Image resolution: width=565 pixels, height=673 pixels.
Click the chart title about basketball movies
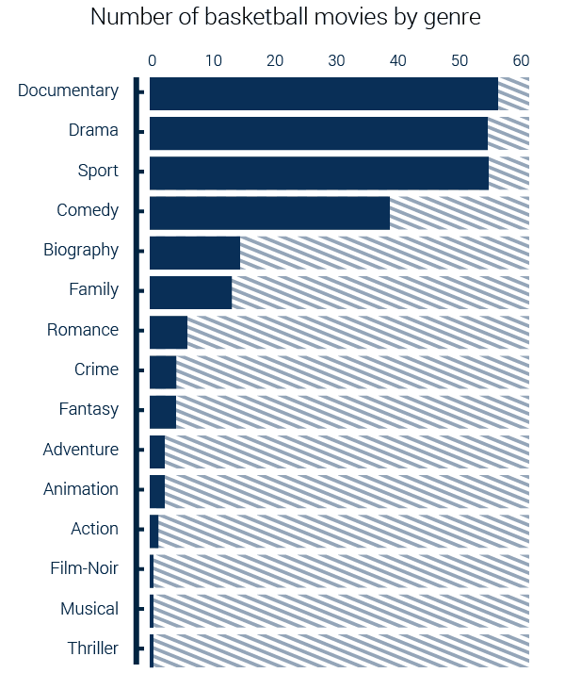(285, 17)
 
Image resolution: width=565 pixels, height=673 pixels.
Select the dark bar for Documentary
(323, 93)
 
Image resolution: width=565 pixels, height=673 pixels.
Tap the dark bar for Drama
(318, 133)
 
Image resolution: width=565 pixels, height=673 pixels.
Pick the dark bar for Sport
(318, 173)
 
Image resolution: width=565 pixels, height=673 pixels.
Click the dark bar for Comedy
(269, 213)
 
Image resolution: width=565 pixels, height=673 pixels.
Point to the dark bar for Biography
(195, 253)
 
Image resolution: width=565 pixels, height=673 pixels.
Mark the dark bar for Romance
(169, 333)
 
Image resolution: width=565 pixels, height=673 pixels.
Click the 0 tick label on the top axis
(152, 60)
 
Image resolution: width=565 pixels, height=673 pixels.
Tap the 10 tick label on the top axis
(213, 60)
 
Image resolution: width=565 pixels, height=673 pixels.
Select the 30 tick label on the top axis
(336, 60)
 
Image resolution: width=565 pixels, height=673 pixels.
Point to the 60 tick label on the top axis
(521, 60)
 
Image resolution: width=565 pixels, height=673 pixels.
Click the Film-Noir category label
(85, 568)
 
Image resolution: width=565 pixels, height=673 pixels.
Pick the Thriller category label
(93, 648)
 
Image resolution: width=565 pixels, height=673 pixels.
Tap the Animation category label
(81, 489)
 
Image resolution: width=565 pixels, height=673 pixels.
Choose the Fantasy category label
(89, 409)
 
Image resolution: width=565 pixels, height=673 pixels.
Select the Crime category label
(96, 369)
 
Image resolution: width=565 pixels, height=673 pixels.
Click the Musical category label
(89, 609)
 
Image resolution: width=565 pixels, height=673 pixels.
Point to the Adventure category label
(81, 450)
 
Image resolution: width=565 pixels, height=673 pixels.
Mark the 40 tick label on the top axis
(397, 60)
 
